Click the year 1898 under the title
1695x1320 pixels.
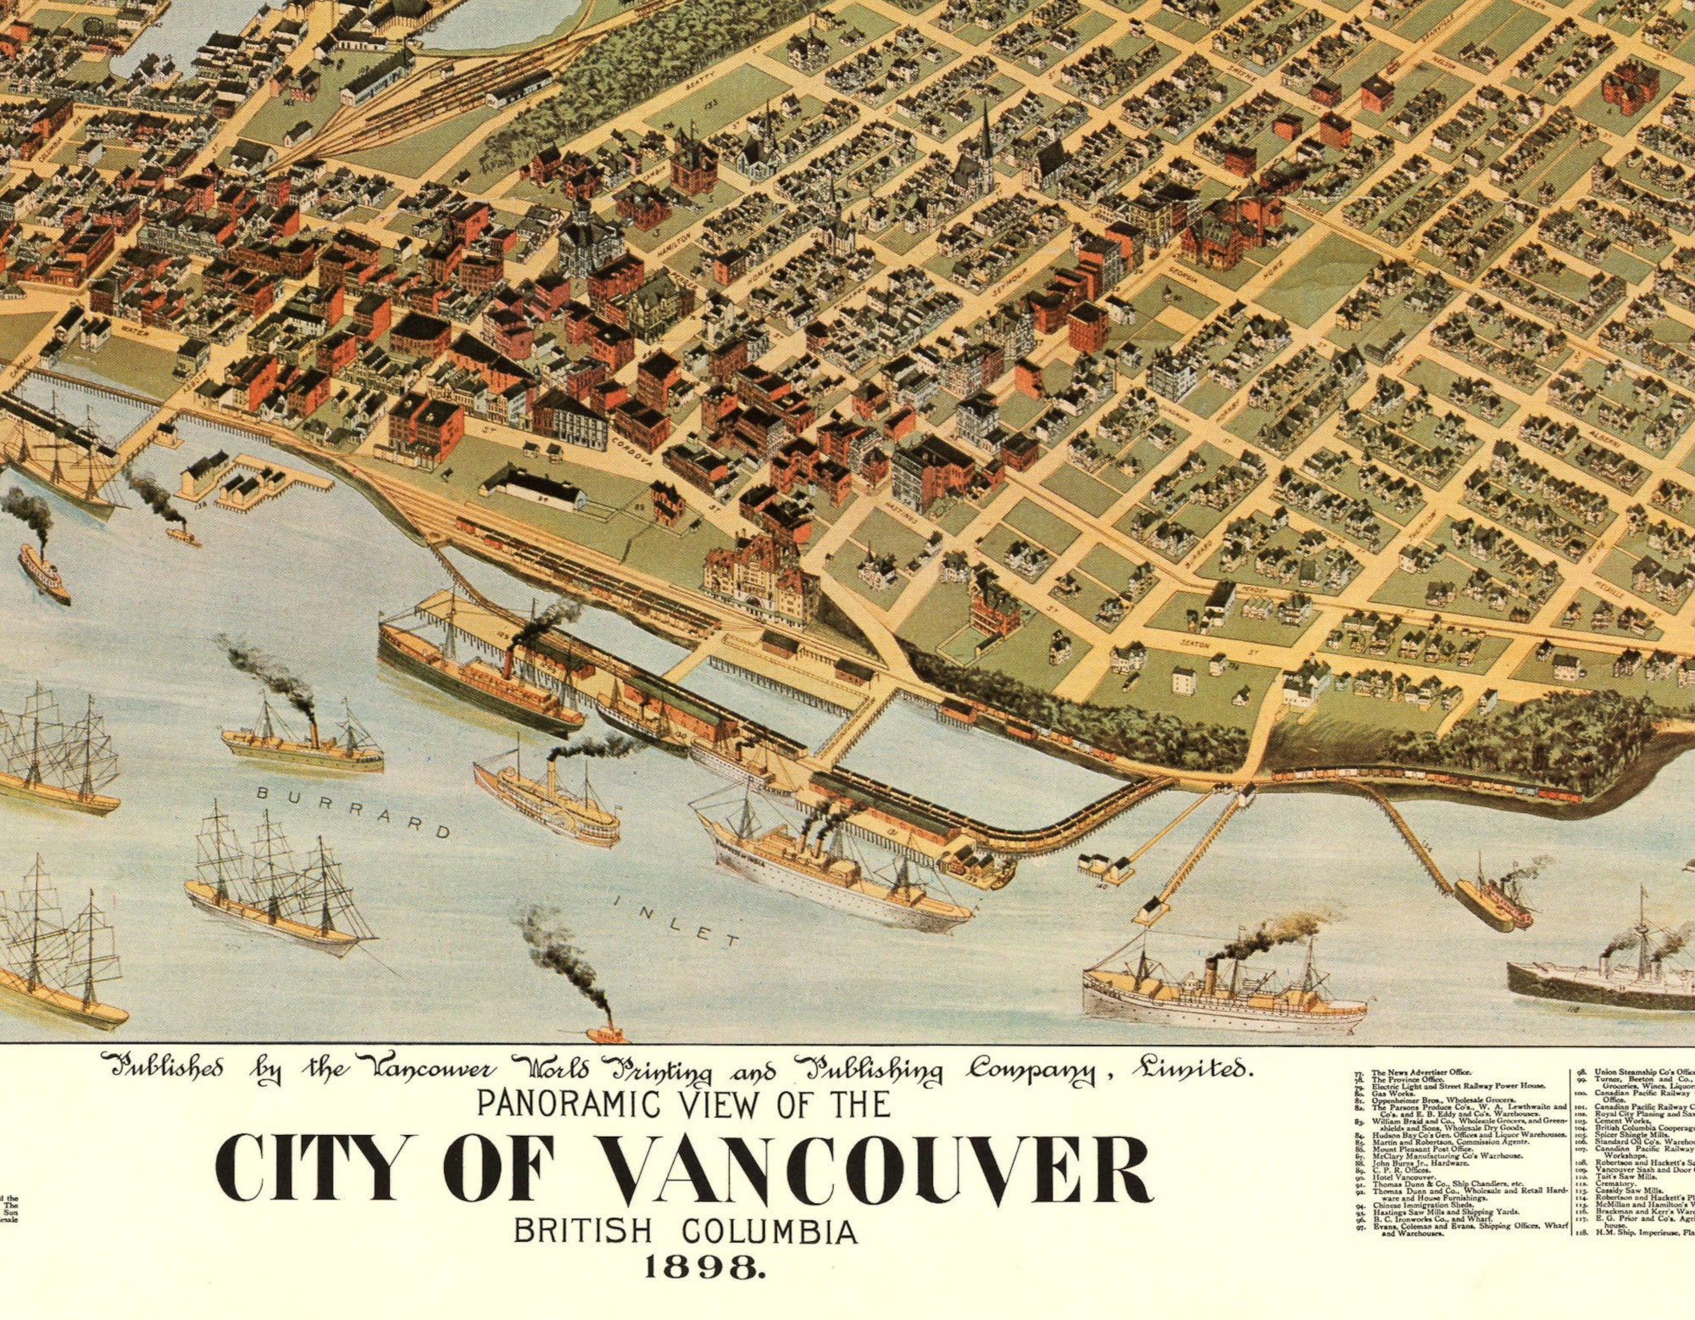click(706, 1267)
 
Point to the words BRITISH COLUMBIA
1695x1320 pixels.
click(686, 1231)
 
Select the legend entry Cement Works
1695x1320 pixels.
click(1619, 1121)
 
